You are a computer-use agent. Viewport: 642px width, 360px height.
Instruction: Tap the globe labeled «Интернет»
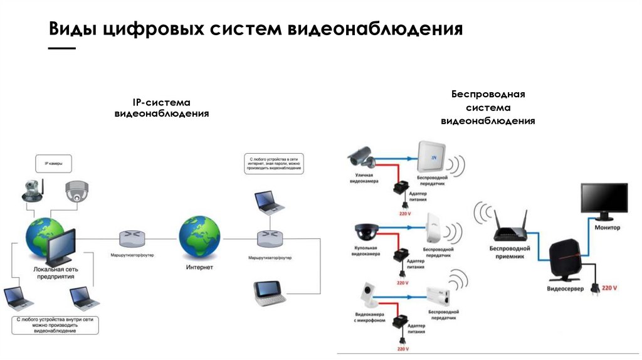[199, 237]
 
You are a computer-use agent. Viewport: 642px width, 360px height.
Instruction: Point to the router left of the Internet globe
[132, 238]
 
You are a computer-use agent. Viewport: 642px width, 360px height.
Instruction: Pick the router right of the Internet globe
[270, 239]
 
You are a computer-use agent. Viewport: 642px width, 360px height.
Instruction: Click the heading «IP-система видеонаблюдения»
[161, 108]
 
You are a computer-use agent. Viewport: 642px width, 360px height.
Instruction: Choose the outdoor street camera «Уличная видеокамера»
[360, 155]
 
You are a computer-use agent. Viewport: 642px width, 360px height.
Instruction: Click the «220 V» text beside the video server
[609, 288]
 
